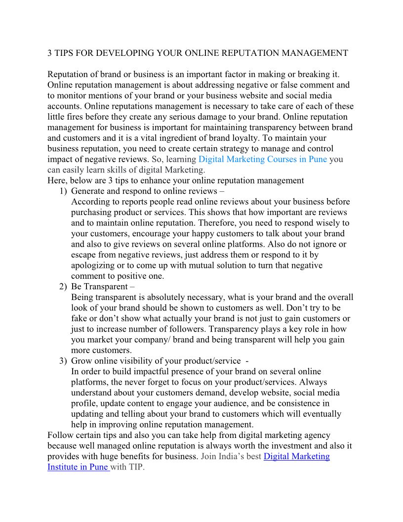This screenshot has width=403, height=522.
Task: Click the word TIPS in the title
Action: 65,53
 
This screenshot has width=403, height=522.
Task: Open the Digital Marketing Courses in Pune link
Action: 262,159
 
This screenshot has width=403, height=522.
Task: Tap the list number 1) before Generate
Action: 63,191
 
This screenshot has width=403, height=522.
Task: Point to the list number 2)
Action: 63,286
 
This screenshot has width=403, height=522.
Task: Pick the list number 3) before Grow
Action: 63,360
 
